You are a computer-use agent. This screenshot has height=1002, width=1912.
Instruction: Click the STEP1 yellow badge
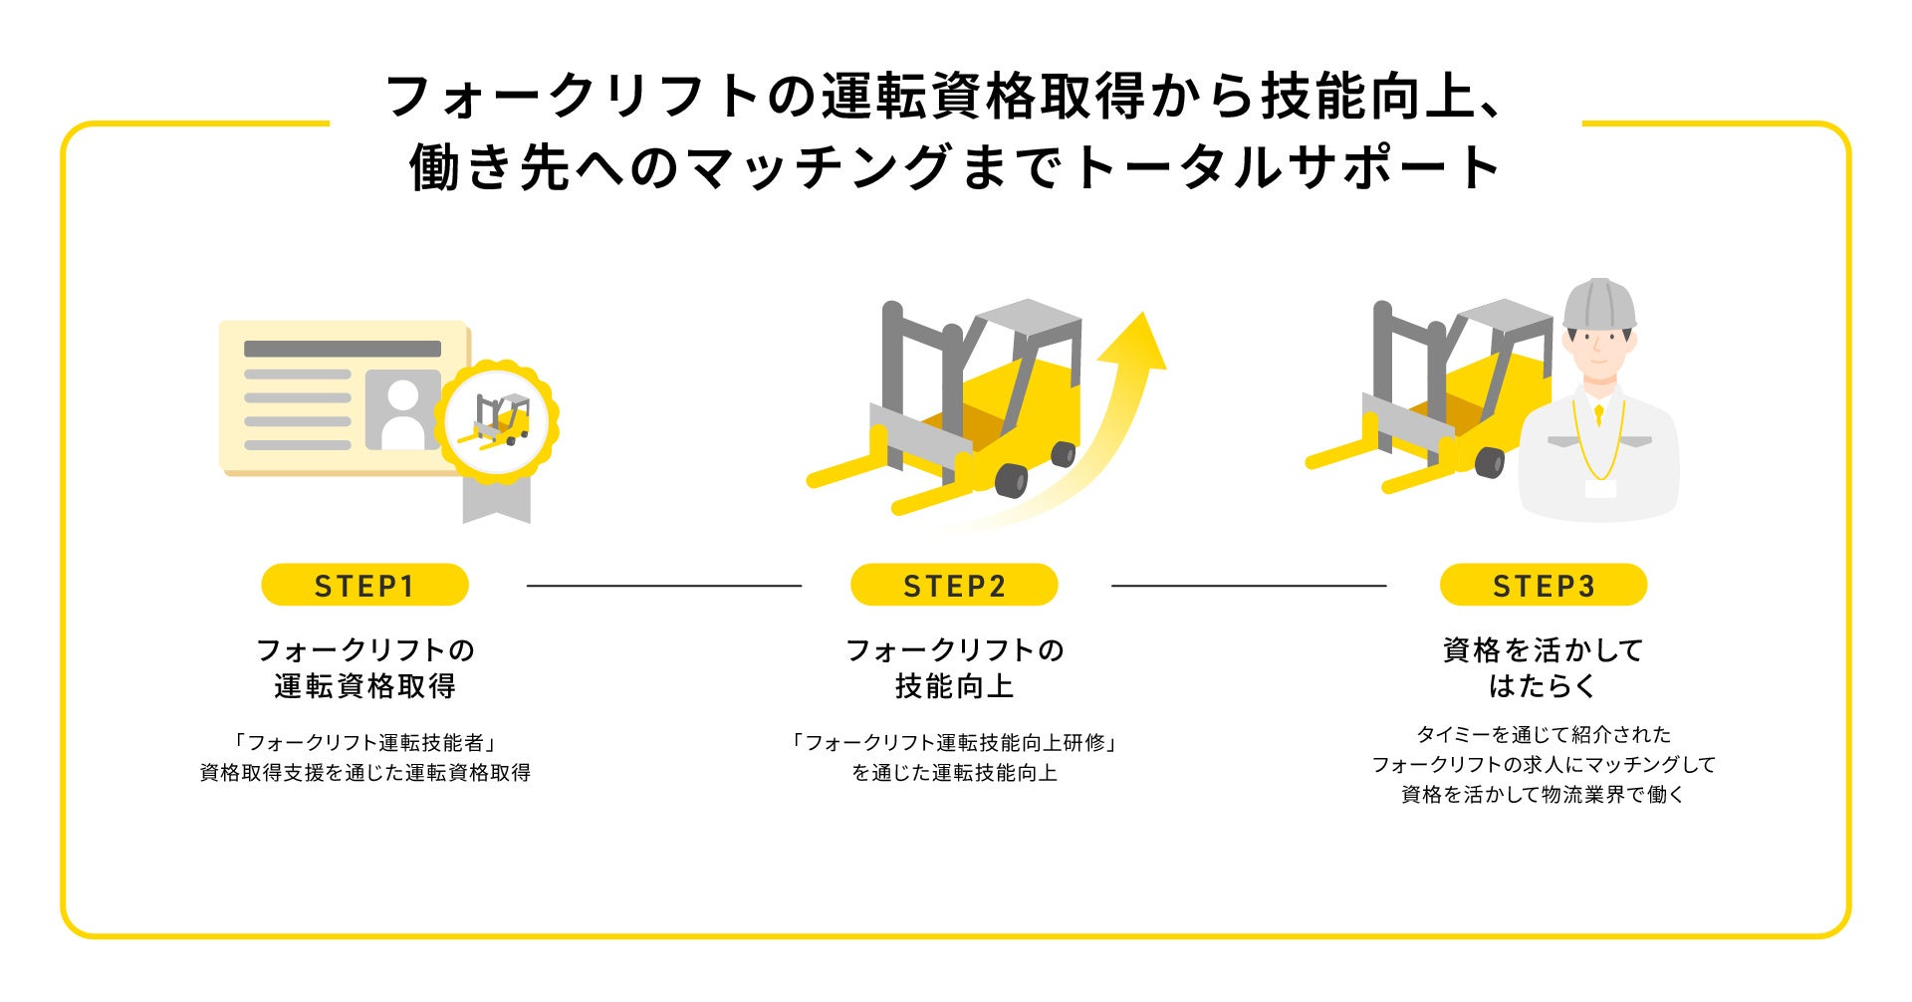pos(364,585)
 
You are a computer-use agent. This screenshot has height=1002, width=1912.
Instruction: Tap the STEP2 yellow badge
pos(954,585)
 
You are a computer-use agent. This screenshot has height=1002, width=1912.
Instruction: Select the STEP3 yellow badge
pos(1543,585)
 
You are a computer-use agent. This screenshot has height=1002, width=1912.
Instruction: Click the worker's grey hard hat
pos(1598,303)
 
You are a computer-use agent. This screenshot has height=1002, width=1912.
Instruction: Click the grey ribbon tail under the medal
pos(496,502)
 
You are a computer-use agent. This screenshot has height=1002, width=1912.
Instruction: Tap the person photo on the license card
pos(403,409)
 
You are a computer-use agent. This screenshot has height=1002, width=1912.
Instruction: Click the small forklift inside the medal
pos(497,419)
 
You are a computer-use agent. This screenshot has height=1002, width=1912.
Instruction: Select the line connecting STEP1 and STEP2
pos(663,586)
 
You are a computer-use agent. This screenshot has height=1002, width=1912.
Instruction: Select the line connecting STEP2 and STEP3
pos(1248,586)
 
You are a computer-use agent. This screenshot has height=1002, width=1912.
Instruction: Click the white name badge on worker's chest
pos(1599,488)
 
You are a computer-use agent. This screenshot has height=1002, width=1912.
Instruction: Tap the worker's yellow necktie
pos(1598,412)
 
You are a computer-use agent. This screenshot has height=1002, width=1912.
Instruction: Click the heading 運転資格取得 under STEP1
pos(364,686)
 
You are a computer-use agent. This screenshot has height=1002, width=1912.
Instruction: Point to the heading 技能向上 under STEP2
pos(954,686)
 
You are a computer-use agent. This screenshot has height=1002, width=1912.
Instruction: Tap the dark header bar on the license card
pos(342,349)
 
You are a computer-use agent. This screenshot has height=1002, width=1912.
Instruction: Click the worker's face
pos(1597,354)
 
